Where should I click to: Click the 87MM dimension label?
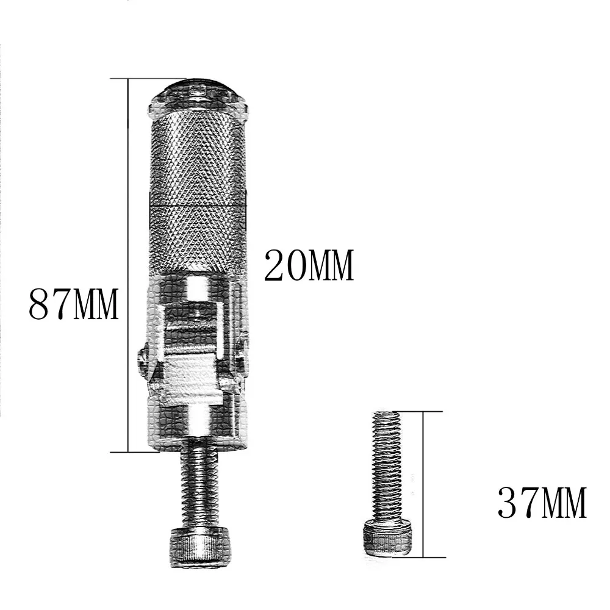[x=73, y=304]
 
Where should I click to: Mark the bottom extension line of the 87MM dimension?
[x=146, y=452]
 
